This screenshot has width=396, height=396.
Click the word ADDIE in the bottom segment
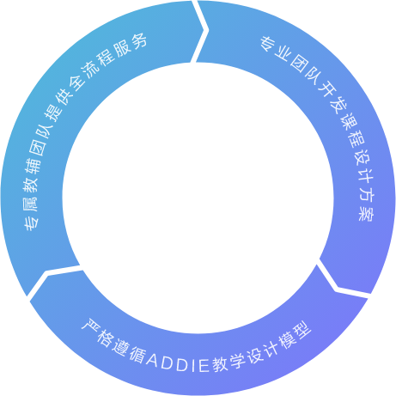178,363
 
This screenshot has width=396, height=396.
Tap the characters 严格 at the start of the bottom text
96,333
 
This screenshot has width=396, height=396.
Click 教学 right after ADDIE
229,362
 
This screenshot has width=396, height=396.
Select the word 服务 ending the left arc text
131,46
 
